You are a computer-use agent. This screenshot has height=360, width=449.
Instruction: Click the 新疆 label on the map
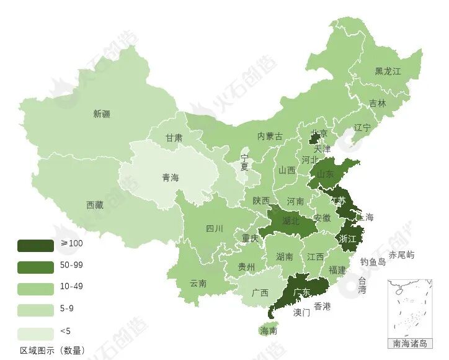(102, 114)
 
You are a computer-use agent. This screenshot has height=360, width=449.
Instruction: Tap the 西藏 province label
(95, 205)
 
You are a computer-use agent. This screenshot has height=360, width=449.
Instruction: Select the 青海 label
(171, 178)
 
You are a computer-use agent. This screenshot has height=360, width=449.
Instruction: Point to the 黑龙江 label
(388, 71)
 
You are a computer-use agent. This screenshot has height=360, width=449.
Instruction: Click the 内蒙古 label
(270, 136)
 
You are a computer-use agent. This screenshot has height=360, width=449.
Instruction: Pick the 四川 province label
(214, 228)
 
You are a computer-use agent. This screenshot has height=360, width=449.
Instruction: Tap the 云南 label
(198, 283)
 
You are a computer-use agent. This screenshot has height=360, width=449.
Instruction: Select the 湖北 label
(290, 220)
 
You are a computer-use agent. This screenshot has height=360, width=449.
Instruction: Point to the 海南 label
(269, 331)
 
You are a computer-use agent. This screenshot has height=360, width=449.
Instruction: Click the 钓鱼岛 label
(373, 262)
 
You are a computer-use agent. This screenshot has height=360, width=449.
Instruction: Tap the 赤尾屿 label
(402, 255)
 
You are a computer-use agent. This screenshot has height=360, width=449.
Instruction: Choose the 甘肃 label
(174, 138)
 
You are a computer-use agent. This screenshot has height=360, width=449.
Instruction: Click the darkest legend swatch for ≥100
(35, 245)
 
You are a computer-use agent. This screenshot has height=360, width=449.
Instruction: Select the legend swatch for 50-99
(35, 267)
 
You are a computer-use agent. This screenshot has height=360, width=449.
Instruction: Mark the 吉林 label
(377, 104)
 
